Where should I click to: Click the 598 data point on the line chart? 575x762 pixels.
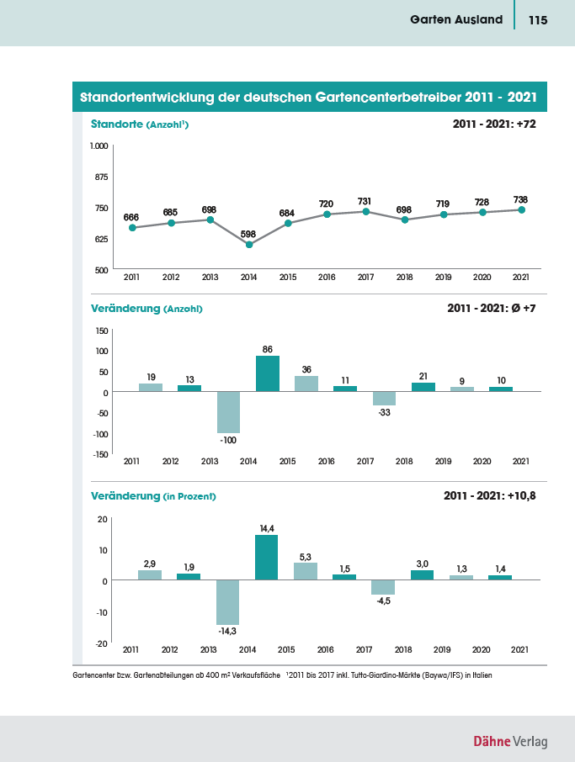249,245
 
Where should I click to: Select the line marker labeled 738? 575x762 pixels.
521,210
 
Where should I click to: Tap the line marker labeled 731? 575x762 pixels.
366,211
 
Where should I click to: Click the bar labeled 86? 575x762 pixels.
268,373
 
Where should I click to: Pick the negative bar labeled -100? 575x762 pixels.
229,412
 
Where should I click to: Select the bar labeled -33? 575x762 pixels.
384,399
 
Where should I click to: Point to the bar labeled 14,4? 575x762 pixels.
267,558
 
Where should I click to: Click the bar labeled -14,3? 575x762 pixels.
227,602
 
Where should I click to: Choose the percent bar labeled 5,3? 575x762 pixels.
306,571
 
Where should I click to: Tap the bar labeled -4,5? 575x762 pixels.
383,587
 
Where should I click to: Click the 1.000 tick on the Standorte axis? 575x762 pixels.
98,146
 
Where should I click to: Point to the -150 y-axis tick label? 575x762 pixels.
101,454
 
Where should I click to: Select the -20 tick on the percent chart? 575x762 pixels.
102,643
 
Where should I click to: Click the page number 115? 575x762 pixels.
538,20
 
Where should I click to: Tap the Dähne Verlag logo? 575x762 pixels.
510,741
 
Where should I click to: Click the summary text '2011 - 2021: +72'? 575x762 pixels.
494,124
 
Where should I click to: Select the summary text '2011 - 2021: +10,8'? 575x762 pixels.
490,495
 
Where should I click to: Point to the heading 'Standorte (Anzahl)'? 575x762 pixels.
140,124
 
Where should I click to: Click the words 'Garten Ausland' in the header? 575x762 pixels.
456,19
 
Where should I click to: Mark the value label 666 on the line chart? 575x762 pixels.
130,217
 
